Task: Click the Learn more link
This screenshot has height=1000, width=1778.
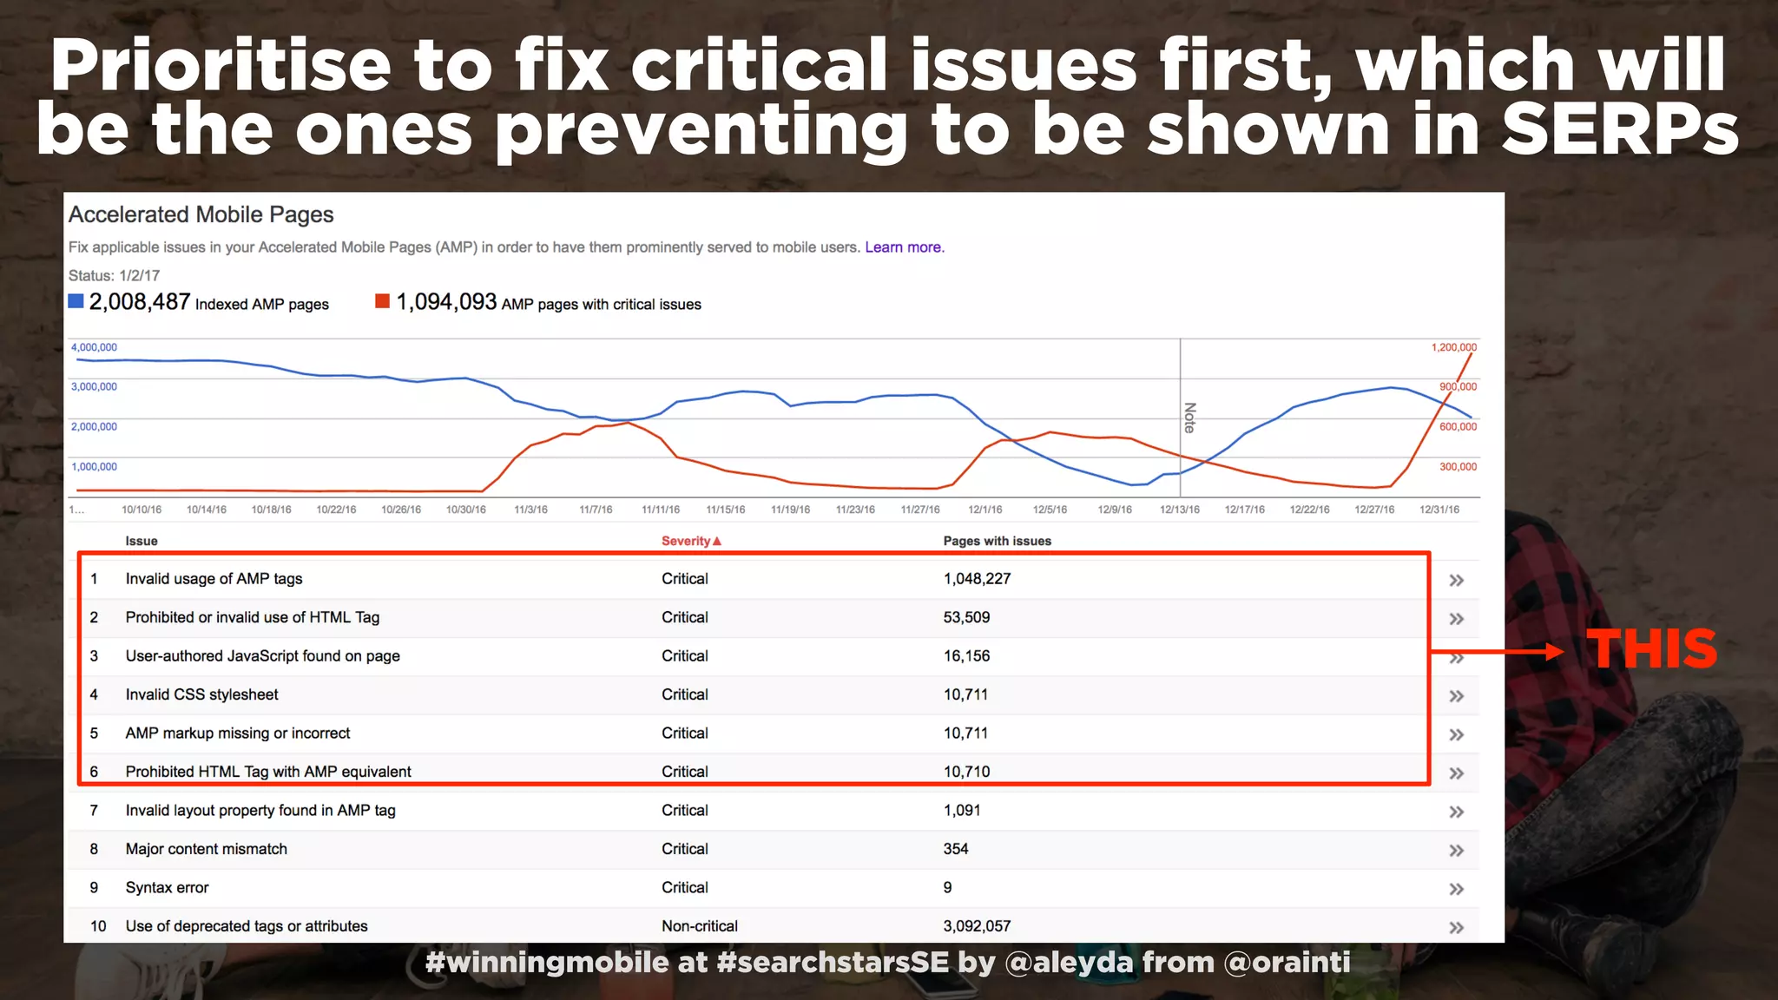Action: [x=903, y=247]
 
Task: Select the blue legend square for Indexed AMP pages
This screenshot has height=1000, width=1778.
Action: [x=76, y=301]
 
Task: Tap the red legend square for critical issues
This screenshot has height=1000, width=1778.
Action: [x=382, y=301]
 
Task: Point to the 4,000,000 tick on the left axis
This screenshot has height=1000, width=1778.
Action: [x=94, y=347]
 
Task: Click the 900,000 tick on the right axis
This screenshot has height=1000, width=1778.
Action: [x=1458, y=387]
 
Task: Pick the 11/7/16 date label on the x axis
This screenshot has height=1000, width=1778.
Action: [x=596, y=510]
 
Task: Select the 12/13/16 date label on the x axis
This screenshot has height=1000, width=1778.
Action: [x=1180, y=510]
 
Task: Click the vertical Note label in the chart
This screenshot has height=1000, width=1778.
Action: [x=1190, y=418]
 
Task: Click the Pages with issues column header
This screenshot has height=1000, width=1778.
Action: [x=997, y=541]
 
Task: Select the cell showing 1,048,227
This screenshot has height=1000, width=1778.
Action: [x=977, y=579]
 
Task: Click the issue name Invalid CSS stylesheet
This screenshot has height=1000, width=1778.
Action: [x=201, y=694]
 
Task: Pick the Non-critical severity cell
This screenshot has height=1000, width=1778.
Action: [x=699, y=926]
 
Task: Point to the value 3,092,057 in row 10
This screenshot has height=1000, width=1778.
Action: [x=977, y=926]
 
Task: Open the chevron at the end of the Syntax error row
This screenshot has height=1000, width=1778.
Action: [x=1456, y=889]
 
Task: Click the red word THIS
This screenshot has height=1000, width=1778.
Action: [x=1651, y=649]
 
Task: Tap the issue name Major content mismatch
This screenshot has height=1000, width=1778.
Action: [x=206, y=849]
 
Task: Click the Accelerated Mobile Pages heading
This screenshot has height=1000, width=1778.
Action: [x=201, y=214]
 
